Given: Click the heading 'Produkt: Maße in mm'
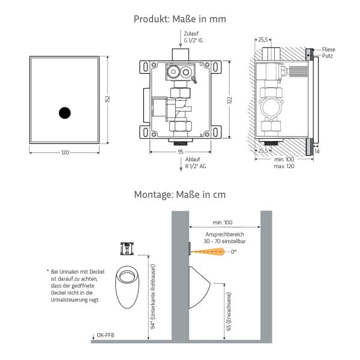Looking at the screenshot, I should click(180, 19).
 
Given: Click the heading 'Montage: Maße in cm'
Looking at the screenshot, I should click(180, 194).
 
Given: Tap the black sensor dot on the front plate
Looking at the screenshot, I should click(65, 112).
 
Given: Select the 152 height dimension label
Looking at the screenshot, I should click(108, 100).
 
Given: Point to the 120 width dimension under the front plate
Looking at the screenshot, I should click(65, 152).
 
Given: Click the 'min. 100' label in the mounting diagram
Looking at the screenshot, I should click(224, 222).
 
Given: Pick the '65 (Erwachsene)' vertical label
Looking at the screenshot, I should click(229, 313).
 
